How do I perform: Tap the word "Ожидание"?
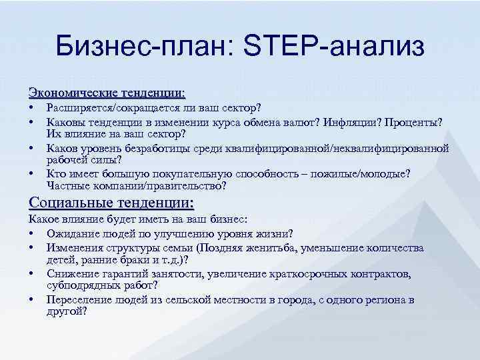(x=71, y=233)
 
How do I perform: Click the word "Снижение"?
(x=69, y=274)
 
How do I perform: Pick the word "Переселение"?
(x=77, y=300)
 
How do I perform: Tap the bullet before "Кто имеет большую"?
(x=32, y=173)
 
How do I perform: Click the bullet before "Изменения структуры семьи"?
(x=32, y=248)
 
